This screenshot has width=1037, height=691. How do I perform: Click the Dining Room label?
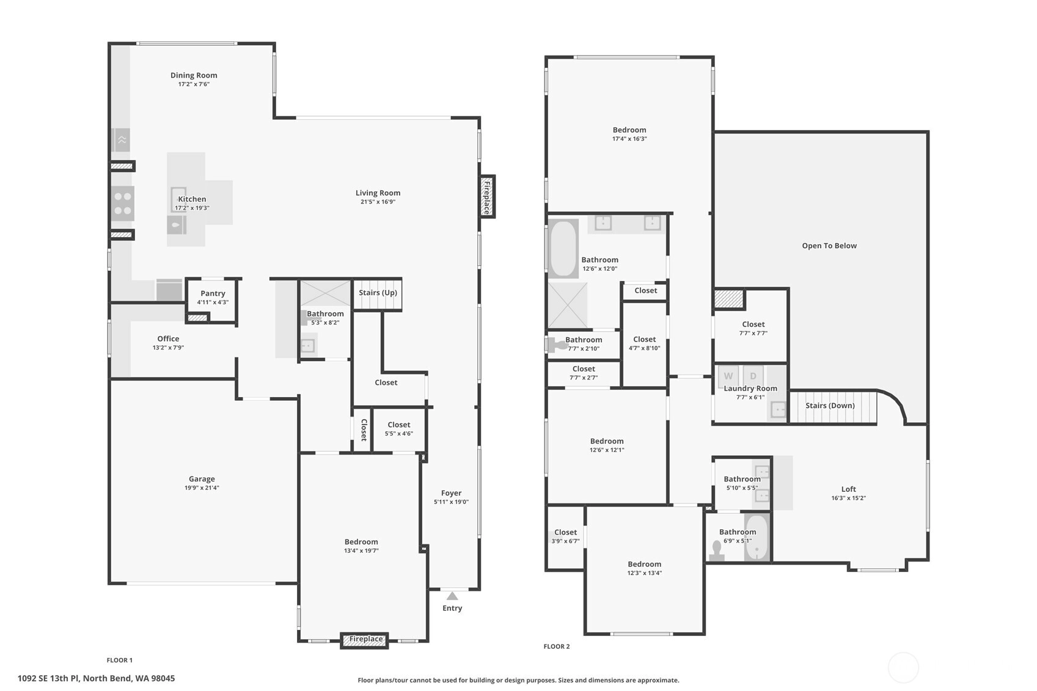point(194,75)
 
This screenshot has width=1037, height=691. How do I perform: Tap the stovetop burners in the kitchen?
point(123,203)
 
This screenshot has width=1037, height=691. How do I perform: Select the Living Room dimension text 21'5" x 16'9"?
point(378,202)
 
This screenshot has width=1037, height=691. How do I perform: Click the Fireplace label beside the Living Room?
point(487,197)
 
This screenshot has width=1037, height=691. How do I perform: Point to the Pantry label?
point(213,293)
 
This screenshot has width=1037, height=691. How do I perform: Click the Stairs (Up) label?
point(378,293)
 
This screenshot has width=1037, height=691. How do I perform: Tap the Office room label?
point(168,338)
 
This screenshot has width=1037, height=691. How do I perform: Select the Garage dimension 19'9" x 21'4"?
point(202,488)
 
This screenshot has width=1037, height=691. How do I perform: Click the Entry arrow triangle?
point(452,596)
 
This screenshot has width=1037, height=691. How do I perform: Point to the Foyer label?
point(451,493)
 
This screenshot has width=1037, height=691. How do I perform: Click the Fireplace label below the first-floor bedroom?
point(365,638)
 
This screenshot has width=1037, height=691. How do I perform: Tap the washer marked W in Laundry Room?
point(728,376)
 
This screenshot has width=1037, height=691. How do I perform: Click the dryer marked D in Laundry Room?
point(753,376)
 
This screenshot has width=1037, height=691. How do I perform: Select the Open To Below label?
point(829,246)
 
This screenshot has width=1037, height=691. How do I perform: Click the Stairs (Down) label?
point(830,406)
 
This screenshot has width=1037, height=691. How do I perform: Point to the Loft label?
point(848,489)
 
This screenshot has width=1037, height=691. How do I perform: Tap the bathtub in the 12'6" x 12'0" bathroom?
point(563,249)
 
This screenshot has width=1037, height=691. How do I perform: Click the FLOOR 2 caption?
point(557,646)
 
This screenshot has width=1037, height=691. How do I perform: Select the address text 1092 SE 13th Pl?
point(48,679)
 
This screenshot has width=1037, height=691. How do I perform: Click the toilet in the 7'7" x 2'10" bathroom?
point(557,345)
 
